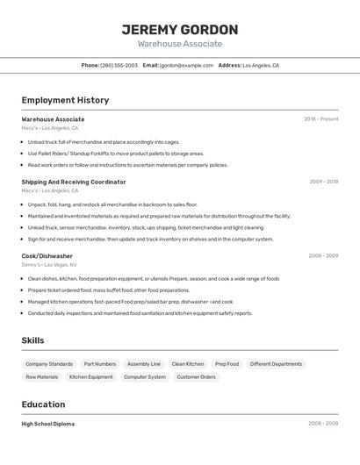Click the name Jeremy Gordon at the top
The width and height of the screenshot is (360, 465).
click(180, 30)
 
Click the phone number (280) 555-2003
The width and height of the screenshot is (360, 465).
click(119, 65)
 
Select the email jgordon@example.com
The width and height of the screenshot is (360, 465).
click(187, 65)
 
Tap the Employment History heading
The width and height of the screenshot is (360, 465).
click(65, 100)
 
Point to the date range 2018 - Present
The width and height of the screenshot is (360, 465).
click(320, 119)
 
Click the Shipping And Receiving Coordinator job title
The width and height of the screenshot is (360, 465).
click(74, 182)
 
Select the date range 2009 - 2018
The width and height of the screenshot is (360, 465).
click(323, 182)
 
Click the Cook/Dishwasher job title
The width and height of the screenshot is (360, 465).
click(47, 256)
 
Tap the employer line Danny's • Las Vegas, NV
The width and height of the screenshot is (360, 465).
click(49, 264)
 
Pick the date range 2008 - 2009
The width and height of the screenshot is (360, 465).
click(323, 256)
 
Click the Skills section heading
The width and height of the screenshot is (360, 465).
click(33, 340)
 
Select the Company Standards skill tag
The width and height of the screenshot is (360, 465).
click(49, 364)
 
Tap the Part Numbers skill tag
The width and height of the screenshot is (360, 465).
click(100, 364)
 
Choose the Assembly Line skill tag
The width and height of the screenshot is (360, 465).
click(144, 364)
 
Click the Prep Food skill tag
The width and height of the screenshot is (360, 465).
click(227, 364)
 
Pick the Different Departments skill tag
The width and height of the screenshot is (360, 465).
click(276, 364)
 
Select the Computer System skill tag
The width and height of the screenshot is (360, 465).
click(144, 377)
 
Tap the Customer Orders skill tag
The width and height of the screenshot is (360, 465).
click(196, 377)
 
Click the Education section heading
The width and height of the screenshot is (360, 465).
click(44, 404)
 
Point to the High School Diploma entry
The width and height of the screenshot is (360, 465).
click(48, 424)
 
